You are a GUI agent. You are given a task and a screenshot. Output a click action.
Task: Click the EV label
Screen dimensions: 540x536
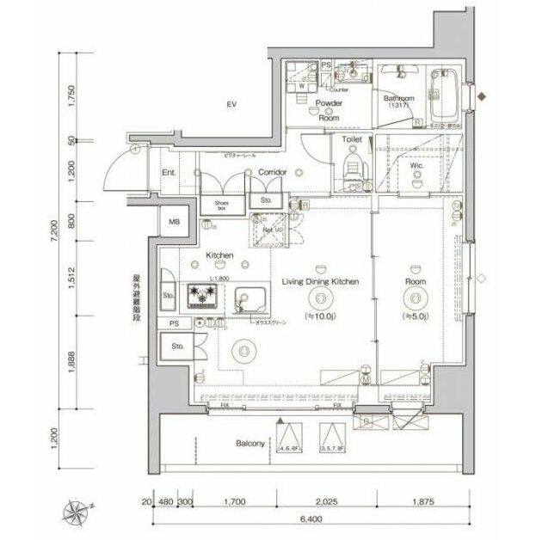pyautogui.click(x=231, y=105)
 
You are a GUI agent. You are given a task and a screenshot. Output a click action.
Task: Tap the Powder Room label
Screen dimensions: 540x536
pyautogui.click(x=329, y=109)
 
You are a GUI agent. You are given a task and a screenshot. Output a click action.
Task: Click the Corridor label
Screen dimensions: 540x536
pyautogui.click(x=272, y=173)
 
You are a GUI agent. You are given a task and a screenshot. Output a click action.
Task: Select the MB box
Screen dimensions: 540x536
pyautogui.click(x=175, y=222)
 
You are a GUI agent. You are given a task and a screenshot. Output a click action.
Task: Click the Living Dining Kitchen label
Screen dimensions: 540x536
pyautogui.click(x=320, y=282)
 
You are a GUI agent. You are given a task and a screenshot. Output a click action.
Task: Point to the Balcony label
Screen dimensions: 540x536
pyautogui.click(x=250, y=445)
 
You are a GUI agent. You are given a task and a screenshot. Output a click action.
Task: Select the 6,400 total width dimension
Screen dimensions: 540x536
pyautogui.click(x=301, y=519)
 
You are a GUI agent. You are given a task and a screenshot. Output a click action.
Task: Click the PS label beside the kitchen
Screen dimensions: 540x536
pyautogui.click(x=173, y=323)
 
